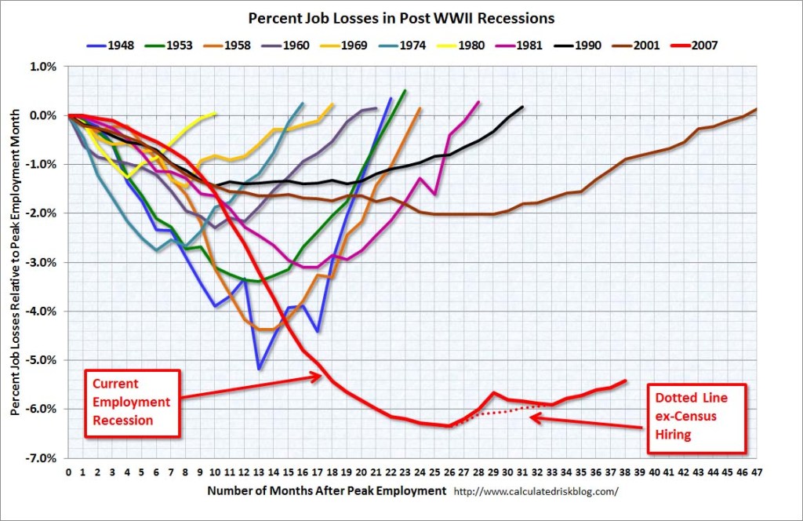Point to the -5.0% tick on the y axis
pos(44,360)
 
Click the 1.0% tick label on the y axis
pos(45,67)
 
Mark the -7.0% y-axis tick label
pos(44,457)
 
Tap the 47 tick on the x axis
pos(757,473)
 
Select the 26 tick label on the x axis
pos(449,473)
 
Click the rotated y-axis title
pos(16,262)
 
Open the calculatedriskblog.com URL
pos(536,492)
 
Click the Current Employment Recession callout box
pos(131,402)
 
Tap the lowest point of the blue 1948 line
pos(259,368)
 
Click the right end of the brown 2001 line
pos(757,109)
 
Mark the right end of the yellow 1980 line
pos(216,114)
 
